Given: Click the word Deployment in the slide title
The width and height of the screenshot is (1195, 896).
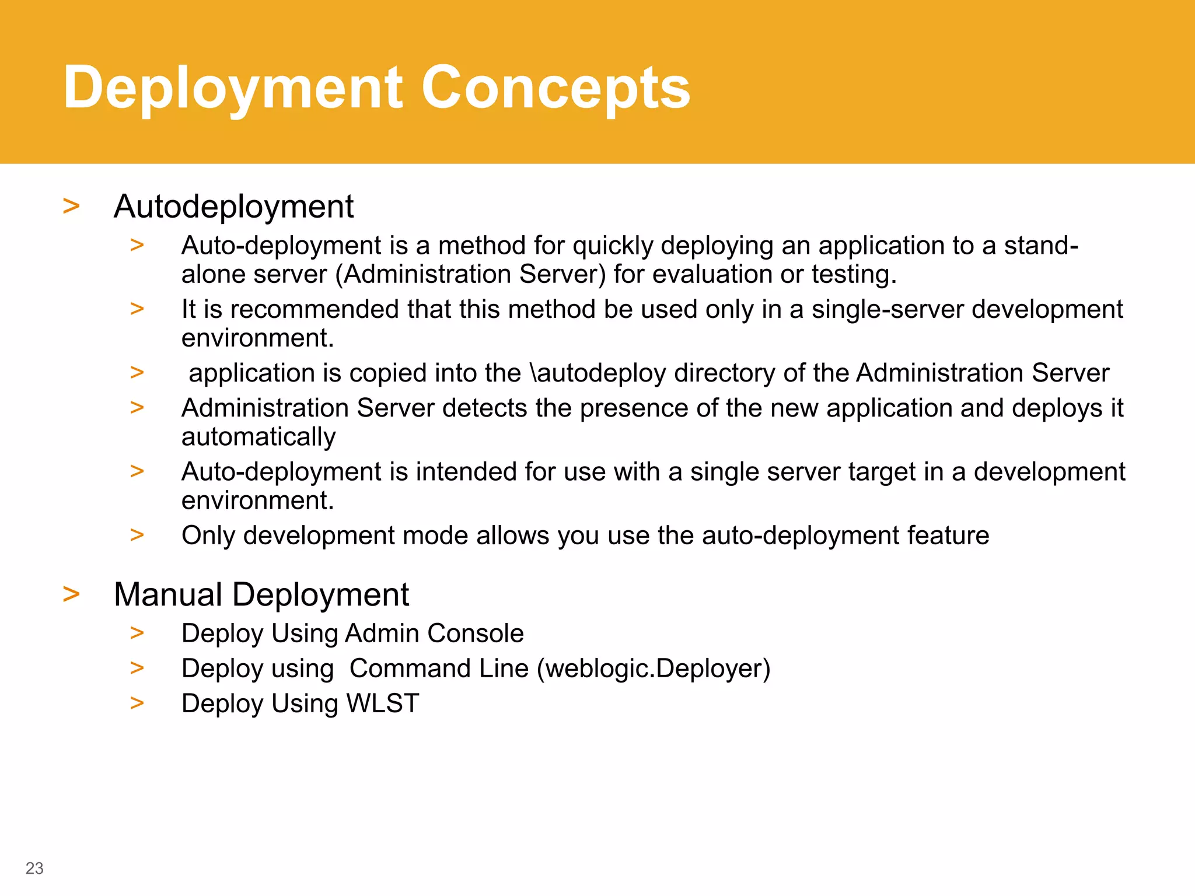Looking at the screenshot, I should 233,88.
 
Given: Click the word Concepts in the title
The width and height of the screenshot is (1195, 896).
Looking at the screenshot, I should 555,88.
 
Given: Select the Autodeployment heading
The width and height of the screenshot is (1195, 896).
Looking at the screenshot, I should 233,206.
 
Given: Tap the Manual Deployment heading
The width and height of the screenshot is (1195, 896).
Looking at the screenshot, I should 261,594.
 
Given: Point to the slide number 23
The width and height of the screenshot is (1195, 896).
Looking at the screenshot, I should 34,868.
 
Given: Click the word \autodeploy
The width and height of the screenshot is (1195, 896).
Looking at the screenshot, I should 597,373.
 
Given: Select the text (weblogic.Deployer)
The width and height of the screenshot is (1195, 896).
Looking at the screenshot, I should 654,668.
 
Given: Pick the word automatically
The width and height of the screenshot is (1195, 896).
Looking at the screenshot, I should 258,437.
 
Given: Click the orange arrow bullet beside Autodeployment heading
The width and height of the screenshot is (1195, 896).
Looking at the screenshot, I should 71,206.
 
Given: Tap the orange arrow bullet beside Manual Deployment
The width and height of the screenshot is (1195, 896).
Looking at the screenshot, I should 71,594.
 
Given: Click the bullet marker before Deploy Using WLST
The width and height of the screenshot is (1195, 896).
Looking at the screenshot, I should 137,703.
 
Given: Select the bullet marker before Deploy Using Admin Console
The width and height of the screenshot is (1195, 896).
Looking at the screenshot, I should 137,633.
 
